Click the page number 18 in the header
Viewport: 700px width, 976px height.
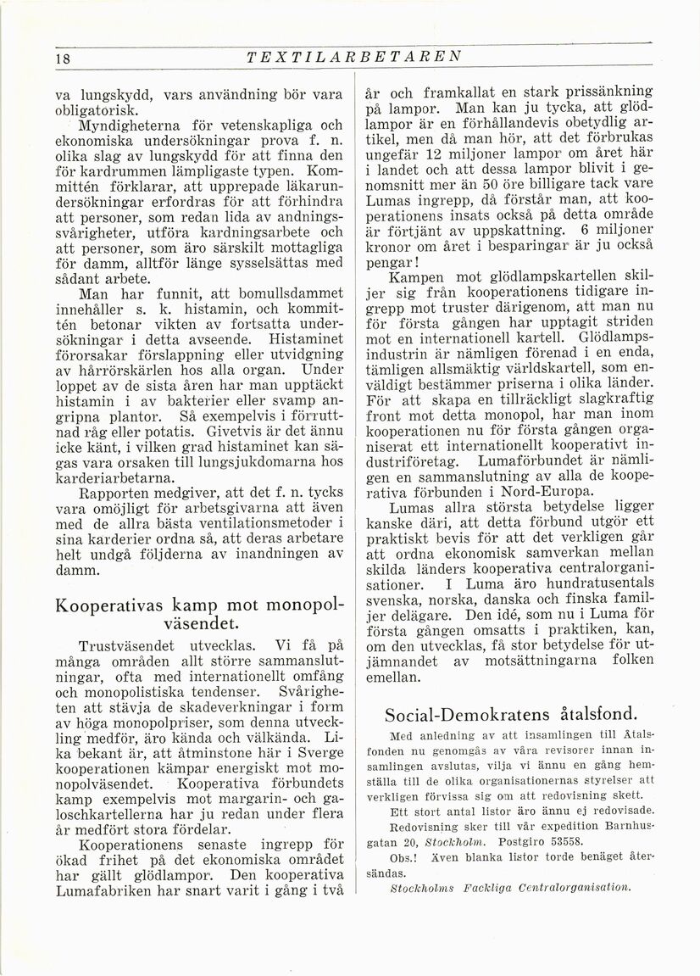tap(38, 59)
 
